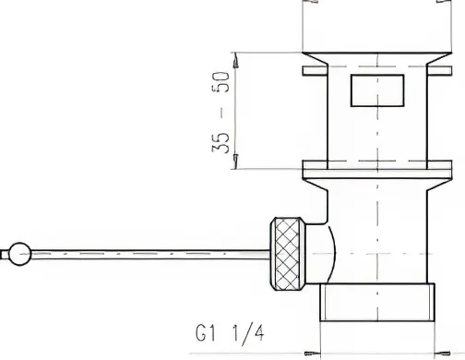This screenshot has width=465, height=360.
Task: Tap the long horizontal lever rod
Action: click(x=148, y=251)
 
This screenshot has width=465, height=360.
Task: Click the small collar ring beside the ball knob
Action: click(x=32, y=251)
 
